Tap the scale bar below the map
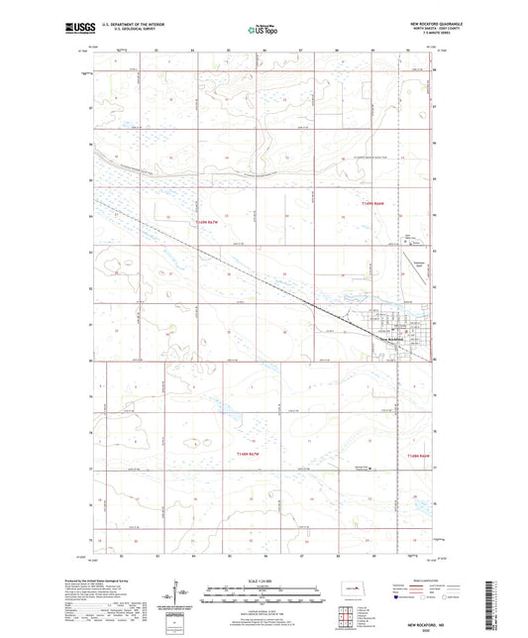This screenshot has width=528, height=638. click(x=264, y=598)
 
